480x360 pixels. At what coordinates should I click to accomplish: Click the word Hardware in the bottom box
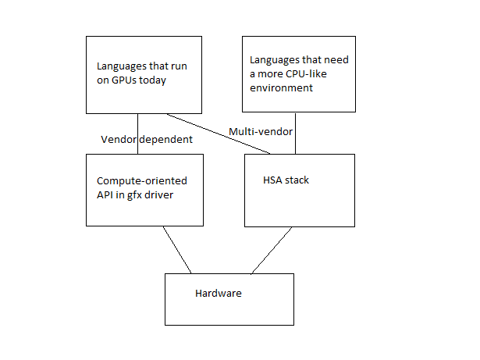(x=219, y=293)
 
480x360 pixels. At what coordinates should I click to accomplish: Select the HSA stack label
(x=286, y=180)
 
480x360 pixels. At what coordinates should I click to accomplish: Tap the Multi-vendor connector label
(x=261, y=131)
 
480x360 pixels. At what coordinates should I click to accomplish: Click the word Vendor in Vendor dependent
(x=119, y=140)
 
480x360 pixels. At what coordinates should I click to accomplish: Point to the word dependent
(x=166, y=140)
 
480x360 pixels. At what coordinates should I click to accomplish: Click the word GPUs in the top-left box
(x=123, y=80)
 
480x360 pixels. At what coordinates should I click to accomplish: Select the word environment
(x=281, y=88)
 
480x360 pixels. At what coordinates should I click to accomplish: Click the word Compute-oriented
(x=142, y=180)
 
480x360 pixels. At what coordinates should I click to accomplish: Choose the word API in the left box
(x=105, y=195)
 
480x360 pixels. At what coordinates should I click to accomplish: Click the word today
(x=152, y=80)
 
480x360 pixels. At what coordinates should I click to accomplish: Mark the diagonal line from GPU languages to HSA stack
(x=219, y=134)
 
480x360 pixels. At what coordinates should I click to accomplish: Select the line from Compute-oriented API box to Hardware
(x=177, y=250)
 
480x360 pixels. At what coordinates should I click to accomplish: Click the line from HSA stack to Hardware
(x=272, y=251)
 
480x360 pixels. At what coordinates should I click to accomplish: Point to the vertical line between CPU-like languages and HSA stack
(x=295, y=134)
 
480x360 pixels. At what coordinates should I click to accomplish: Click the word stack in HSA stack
(x=297, y=180)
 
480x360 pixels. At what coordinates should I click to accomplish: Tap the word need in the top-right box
(x=336, y=60)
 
